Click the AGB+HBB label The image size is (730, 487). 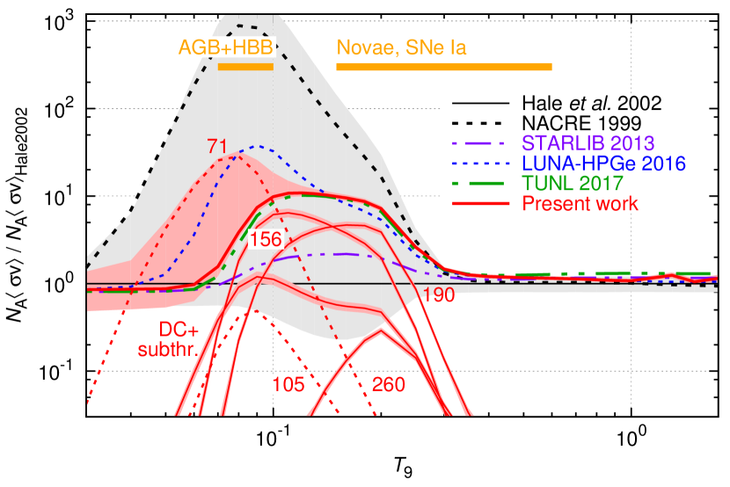click(x=226, y=47)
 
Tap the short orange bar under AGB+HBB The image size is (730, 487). click(x=245, y=67)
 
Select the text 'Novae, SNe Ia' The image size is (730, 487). click(x=401, y=48)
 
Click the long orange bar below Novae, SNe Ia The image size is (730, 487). click(x=444, y=67)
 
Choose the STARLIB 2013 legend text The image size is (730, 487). click(x=588, y=142)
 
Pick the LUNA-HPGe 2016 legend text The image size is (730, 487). click(x=603, y=164)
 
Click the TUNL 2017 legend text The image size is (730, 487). click(x=573, y=184)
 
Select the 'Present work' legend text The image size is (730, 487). click(x=580, y=204)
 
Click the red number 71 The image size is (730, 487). click(x=217, y=145)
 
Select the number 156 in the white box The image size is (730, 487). click(x=265, y=240)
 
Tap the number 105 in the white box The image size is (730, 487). click(x=288, y=384)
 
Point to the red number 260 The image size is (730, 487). click(x=389, y=385)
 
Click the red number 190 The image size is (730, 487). click(x=438, y=295)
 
